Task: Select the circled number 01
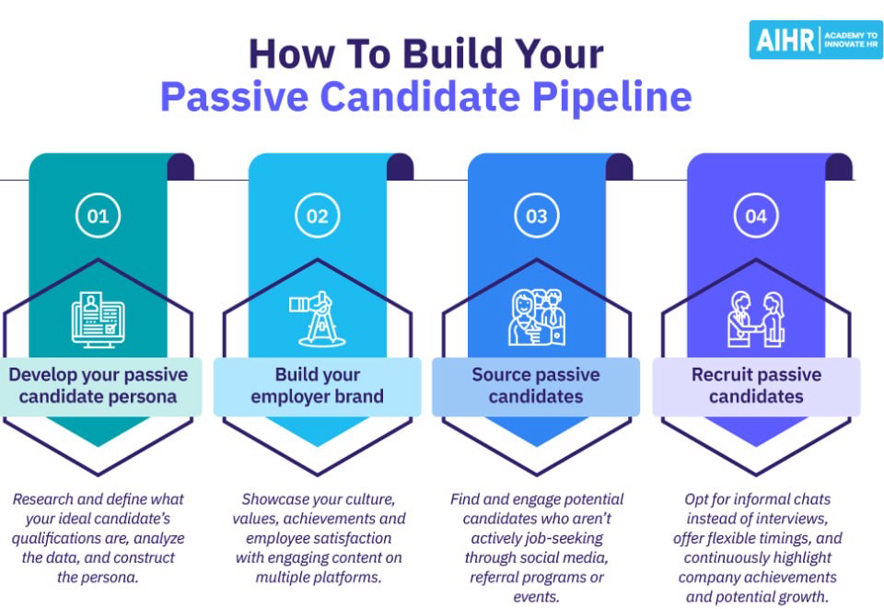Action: coord(98,217)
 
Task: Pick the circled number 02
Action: coord(317,217)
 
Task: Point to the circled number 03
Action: coord(537,217)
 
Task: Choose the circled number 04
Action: coord(756,217)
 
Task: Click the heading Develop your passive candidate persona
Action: coord(98,386)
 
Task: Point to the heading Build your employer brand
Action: coord(317,386)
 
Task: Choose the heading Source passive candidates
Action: coord(536,386)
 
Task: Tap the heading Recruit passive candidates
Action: coord(756,386)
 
